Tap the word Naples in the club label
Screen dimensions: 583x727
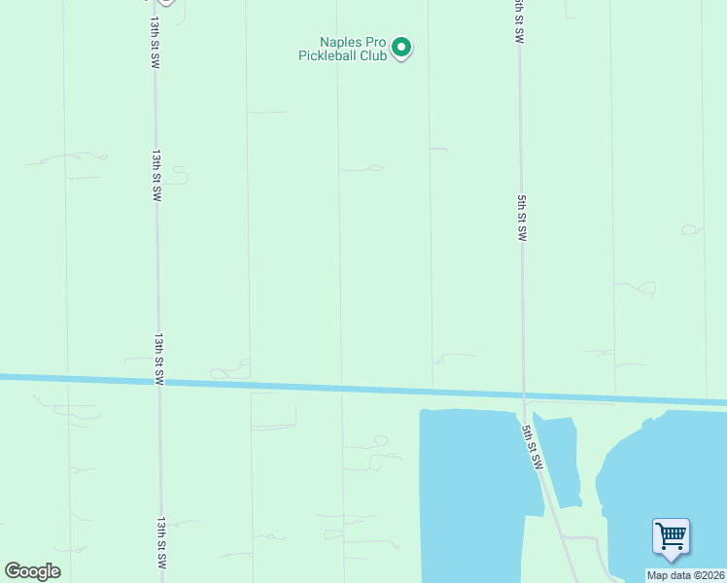point(340,43)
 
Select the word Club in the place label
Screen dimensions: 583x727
point(375,55)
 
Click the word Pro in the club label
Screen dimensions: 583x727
point(374,43)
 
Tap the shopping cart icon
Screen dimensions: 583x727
point(671,535)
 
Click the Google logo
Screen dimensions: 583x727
point(32,570)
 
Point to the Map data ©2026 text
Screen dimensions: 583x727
point(685,575)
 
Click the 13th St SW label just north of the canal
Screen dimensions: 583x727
point(157,359)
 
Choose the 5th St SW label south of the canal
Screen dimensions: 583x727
point(530,448)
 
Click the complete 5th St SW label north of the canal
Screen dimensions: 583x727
point(522,218)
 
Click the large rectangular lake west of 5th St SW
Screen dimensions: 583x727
point(471,486)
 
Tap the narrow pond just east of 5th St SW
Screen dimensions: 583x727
point(561,457)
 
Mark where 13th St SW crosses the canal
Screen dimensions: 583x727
point(157,381)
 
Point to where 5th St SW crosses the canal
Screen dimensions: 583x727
point(523,395)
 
